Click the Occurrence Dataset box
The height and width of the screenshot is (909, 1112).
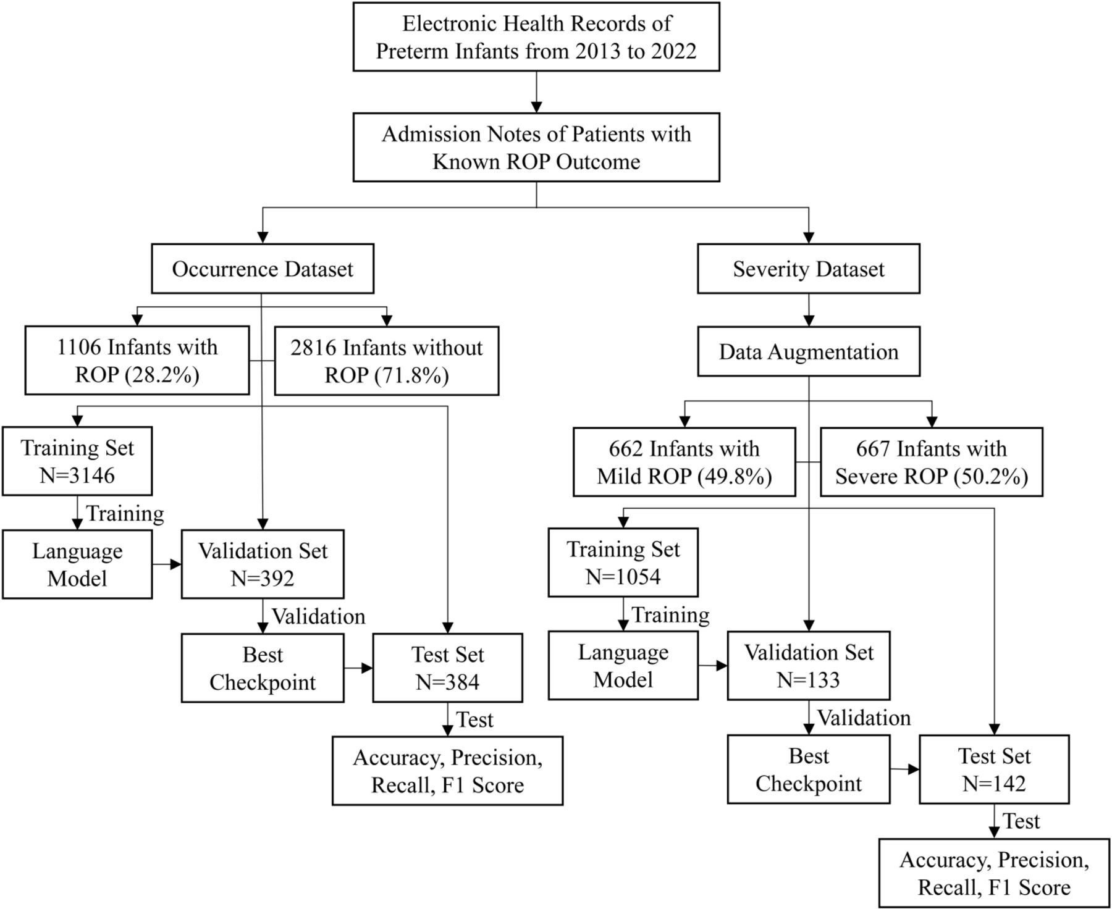(x=263, y=269)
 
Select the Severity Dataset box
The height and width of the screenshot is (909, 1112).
(x=808, y=269)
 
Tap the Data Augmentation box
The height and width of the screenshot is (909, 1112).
(x=808, y=352)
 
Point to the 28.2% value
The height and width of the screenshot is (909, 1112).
(x=162, y=375)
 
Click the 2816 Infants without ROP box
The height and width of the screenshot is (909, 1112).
(x=386, y=361)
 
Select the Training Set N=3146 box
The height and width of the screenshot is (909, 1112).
(x=77, y=461)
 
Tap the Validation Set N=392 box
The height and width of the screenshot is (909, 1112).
(x=263, y=564)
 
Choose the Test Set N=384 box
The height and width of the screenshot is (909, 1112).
(x=447, y=668)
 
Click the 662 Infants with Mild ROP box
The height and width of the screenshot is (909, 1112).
(x=684, y=462)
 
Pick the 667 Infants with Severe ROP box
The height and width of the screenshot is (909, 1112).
(x=931, y=462)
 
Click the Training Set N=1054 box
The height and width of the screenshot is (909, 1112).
(x=623, y=563)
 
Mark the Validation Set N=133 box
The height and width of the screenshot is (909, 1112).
(x=808, y=666)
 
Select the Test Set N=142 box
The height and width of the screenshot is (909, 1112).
(x=993, y=769)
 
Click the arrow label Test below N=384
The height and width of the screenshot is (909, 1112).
(x=474, y=720)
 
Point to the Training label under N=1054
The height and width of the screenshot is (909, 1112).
(x=670, y=615)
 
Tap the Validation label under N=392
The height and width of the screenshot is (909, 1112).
(x=318, y=616)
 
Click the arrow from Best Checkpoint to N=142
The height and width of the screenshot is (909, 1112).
(x=904, y=769)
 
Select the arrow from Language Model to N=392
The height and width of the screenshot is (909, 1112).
(x=167, y=564)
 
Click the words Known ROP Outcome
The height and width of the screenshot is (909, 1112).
(x=536, y=162)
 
